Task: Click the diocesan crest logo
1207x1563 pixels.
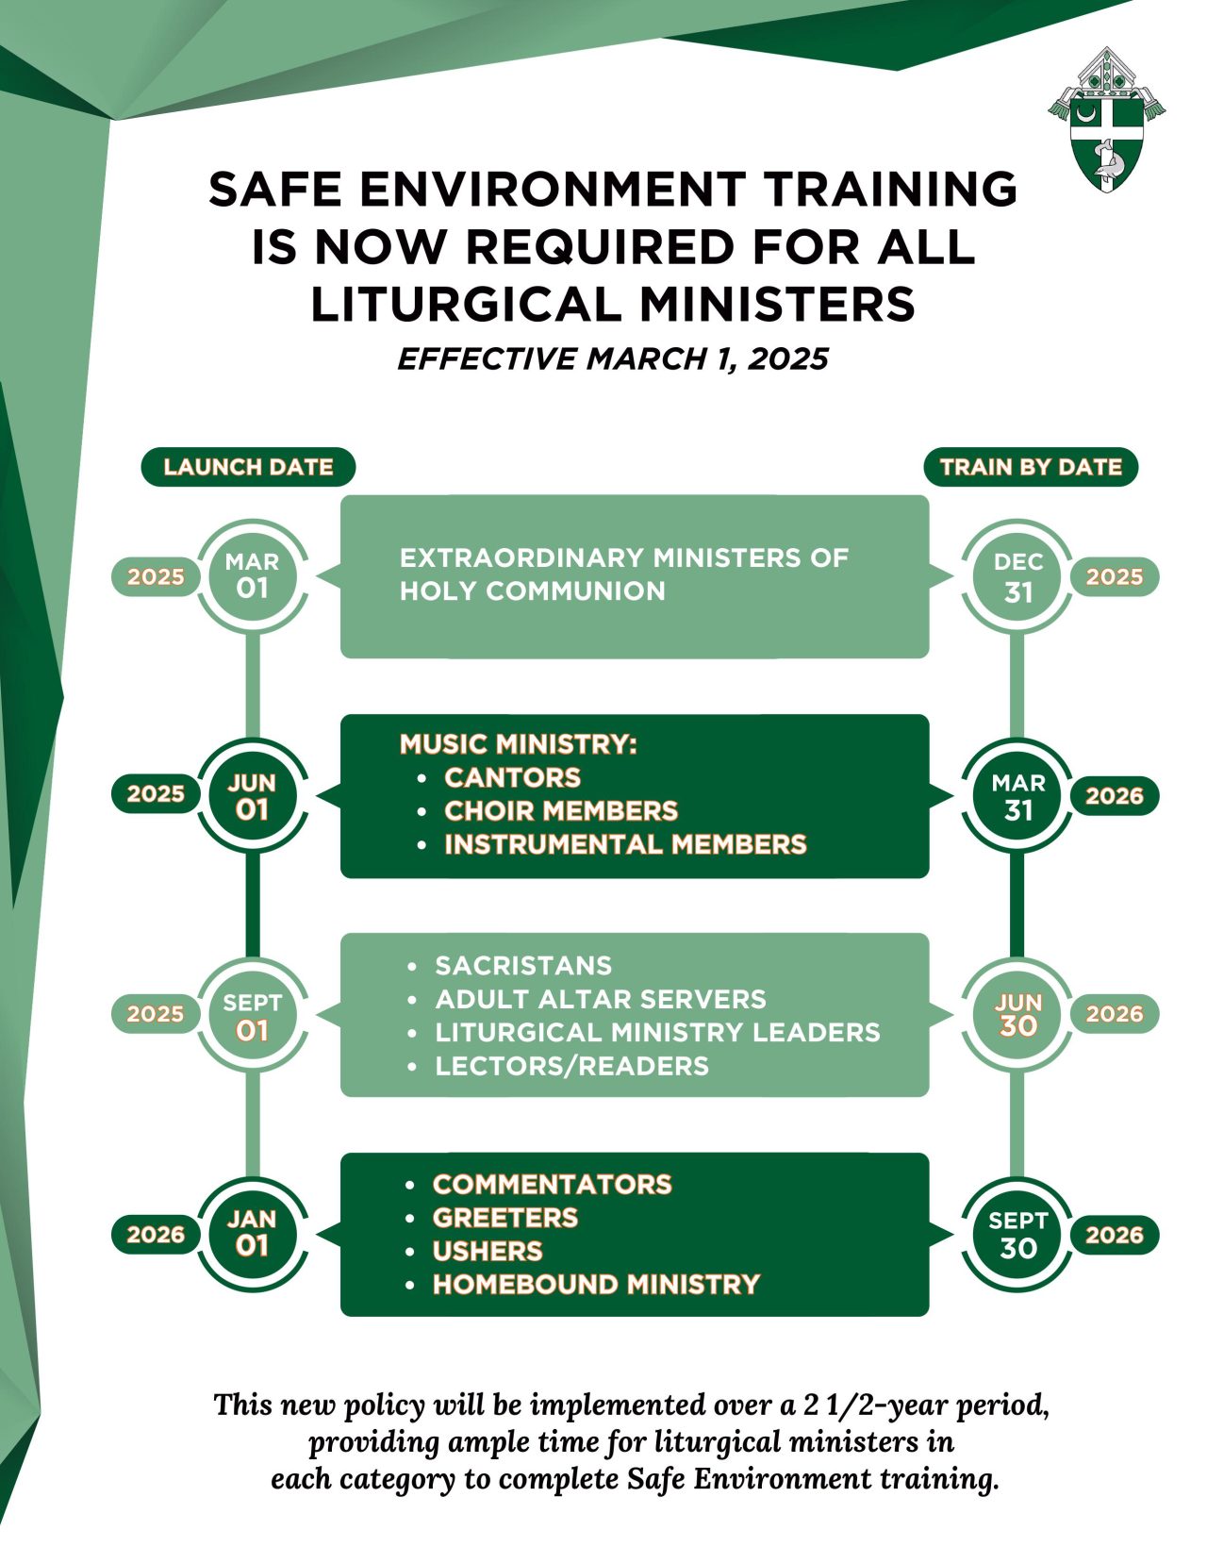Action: tap(1106, 120)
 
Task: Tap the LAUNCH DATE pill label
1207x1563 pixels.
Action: tap(248, 467)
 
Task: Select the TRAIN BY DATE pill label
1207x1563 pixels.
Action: tap(1030, 467)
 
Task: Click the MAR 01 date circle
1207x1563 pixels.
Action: tap(253, 576)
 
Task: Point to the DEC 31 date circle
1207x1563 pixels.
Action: tap(1017, 576)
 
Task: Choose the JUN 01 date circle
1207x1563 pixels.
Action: tap(253, 795)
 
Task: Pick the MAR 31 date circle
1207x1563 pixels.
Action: tap(1017, 795)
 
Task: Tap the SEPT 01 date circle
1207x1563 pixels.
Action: tap(253, 1015)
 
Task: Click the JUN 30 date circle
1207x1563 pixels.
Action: tap(1017, 1015)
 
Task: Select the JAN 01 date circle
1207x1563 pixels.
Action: tap(253, 1235)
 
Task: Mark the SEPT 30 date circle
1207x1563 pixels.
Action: tap(1017, 1235)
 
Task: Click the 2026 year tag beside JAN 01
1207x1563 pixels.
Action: tap(156, 1235)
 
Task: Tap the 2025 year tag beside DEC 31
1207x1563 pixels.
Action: tap(1115, 576)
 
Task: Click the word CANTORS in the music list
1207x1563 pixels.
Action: tap(512, 777)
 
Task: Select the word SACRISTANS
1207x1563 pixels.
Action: tap(523, 965)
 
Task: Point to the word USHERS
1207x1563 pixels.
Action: tap(488, 1251)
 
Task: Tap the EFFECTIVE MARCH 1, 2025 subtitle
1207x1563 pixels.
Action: tap(613, 358)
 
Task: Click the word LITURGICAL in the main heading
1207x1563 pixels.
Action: tap(466, 303)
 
